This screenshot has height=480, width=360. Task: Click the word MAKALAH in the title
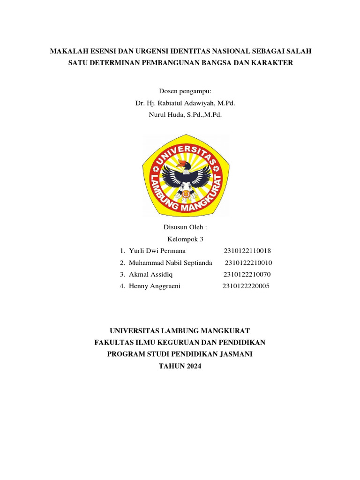(x=67, y=51)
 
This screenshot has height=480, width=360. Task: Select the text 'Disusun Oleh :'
(x=185, y=227)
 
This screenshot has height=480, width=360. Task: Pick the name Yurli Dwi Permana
(x=157, y=251)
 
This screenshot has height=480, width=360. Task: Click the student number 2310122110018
(x=247, y=251)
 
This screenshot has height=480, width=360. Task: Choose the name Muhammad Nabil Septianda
(x=171, y=262)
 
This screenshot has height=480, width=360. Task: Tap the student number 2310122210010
(x=248, y=262)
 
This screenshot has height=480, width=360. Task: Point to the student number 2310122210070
(x=247, y=274)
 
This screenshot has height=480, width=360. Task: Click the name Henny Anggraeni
(x=154, y=286)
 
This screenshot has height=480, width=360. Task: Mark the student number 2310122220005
(x=246, y=286)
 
